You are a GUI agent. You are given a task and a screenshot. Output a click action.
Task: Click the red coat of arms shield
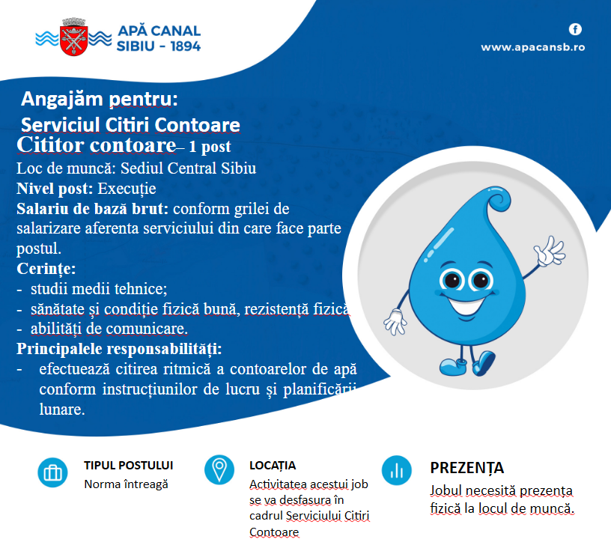[73, 40]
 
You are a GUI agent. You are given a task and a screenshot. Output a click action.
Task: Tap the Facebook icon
[575, 29]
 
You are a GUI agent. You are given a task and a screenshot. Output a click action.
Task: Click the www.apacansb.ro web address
[532, 47]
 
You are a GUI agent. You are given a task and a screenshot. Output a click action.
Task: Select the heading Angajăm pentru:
[100, 99]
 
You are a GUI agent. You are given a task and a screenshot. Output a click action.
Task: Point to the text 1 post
[210, 147]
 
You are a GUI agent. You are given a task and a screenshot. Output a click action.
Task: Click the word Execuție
[127, 189]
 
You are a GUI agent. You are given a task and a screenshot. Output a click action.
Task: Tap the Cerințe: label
[46, 269]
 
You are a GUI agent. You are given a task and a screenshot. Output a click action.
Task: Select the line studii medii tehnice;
[99, 289]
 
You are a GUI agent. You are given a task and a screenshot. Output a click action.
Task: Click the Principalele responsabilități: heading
[119, 349]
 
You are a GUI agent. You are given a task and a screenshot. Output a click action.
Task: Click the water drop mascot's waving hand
[550, 252]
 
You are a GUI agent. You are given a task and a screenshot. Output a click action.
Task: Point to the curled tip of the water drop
[497, 199]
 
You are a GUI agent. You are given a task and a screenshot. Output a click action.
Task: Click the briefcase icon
[52, 472]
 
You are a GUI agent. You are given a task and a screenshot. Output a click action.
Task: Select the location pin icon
[219, 470]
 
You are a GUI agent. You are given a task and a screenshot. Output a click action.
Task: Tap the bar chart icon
[397, 470]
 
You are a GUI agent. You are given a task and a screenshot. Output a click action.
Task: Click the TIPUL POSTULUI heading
[129, 465]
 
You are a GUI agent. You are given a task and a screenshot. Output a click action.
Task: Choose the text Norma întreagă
[127, 484]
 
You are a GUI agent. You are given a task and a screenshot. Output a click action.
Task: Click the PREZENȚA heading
[466, 468]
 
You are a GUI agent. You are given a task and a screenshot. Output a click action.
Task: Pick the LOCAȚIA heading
[273, 466]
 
